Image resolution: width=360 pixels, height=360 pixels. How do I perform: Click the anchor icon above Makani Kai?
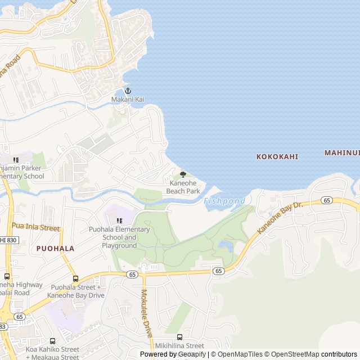(x=128, y=91)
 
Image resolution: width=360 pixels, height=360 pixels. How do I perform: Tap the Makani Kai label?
(x=128, y=100)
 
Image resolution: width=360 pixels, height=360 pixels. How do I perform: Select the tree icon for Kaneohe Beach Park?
(x=183, y=175)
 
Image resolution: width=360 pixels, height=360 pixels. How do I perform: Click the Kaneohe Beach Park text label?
(x=183, y=187)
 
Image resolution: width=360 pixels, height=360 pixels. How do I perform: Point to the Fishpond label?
(x=224, y=201)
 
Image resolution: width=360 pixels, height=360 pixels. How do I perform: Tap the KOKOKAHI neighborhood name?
(x=277, y=156)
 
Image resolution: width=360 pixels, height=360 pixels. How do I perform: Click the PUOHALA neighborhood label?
(x=55, y=247)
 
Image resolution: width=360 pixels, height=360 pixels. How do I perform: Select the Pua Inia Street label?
(x=35, y=228)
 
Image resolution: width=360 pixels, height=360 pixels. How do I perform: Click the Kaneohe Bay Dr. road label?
(x=280, y=218)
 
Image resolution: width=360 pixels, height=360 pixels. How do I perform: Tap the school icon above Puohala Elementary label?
(x=119, y=220)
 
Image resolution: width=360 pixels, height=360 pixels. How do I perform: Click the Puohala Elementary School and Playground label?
(x=119, y=237)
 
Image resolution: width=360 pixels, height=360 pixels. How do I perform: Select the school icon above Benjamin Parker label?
(x=16, y=160)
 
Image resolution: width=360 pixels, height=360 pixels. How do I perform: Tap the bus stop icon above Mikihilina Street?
(x=179, y=337)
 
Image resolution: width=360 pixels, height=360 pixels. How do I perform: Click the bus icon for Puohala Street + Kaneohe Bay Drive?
(x=75, y=278)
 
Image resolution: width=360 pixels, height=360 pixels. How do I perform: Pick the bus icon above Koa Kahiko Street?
(x=52, y=340)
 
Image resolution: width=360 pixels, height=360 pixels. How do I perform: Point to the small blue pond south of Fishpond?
(x=226, y=246)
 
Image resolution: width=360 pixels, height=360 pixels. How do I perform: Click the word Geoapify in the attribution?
(x=191, y=354)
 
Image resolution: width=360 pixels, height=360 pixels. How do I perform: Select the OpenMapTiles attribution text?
(x=240, y=354)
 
